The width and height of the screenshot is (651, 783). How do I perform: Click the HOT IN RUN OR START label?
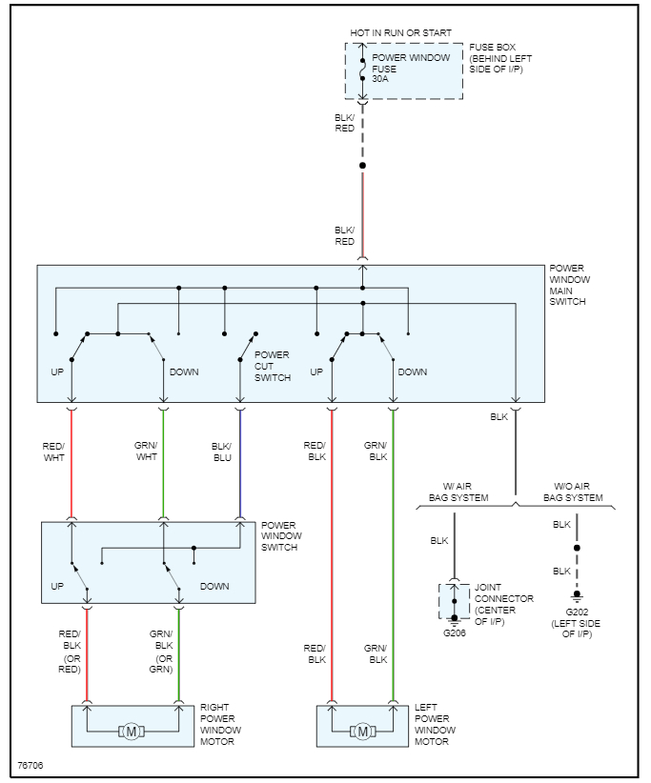tap(400, 32)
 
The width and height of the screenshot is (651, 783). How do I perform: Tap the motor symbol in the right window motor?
tap(132, 731)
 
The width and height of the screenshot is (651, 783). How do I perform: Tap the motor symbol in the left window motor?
tap(361, 731)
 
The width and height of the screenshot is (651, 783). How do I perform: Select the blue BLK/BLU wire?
tap(239, 467)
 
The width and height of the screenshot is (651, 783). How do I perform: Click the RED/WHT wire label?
tap(54, 451)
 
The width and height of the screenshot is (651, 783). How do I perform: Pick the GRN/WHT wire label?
tap(146, 451)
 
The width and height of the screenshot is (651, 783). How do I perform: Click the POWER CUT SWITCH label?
tap(272, 366)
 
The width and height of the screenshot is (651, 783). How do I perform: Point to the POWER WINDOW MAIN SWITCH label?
tap(569, 285)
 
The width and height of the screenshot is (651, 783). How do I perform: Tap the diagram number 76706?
tap(31, 765)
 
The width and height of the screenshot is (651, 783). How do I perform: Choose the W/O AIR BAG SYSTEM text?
tap(573, 492)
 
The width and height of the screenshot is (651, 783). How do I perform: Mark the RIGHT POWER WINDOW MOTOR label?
tap(221, 724)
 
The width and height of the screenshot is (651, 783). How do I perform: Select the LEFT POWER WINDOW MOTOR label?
tap(436, 724)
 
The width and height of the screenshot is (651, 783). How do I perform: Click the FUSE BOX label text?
tap(499, 59)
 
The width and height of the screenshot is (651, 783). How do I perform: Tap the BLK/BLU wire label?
tap(220, 451)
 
